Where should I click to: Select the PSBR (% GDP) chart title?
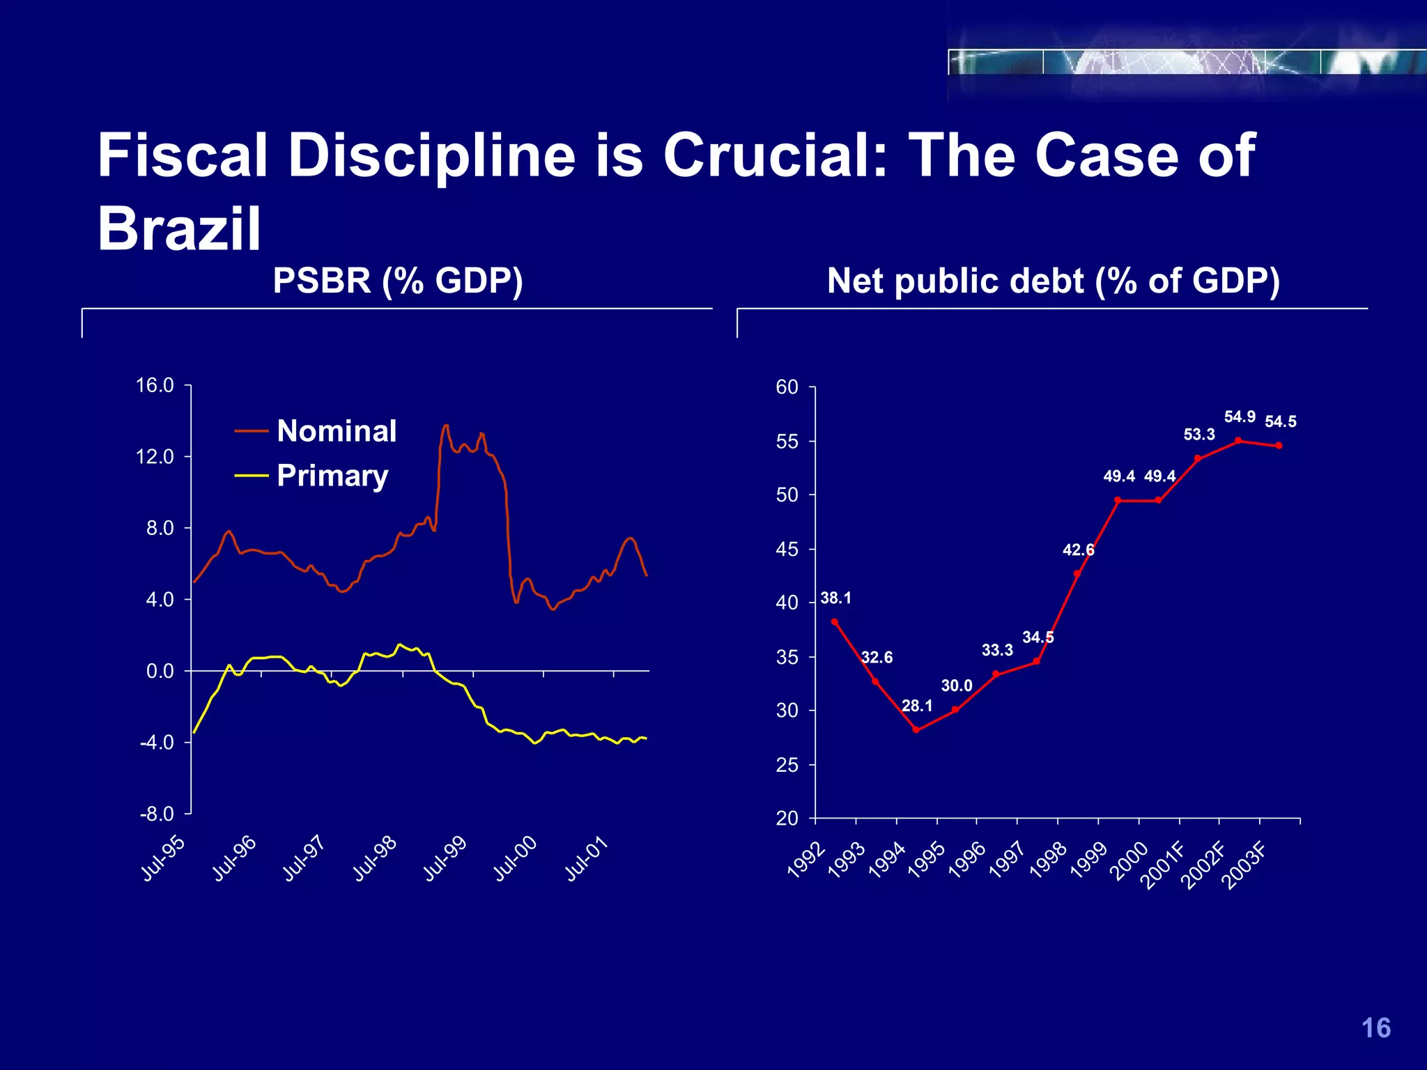(397, 281)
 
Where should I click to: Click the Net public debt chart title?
(1053, 281)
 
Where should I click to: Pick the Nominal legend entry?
(336, 431)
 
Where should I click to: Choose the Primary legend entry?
(332, 476)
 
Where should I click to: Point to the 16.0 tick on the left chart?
(155, 385)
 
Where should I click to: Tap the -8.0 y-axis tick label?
(156, 814)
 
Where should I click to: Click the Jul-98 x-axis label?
(375, 859)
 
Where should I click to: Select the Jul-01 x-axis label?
(587, 859)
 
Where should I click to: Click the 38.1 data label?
(835, 598)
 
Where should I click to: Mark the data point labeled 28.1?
(916, 729)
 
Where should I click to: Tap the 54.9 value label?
(1240, 417)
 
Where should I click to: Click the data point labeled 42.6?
(1077, 573)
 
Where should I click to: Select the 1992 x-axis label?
(806, 860)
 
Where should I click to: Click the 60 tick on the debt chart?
(787, 387)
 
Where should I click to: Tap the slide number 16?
(1375, 1028)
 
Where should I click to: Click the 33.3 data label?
(997, 650)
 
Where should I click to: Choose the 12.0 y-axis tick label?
(155, 457)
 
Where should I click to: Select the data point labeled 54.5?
(1279, 445)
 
